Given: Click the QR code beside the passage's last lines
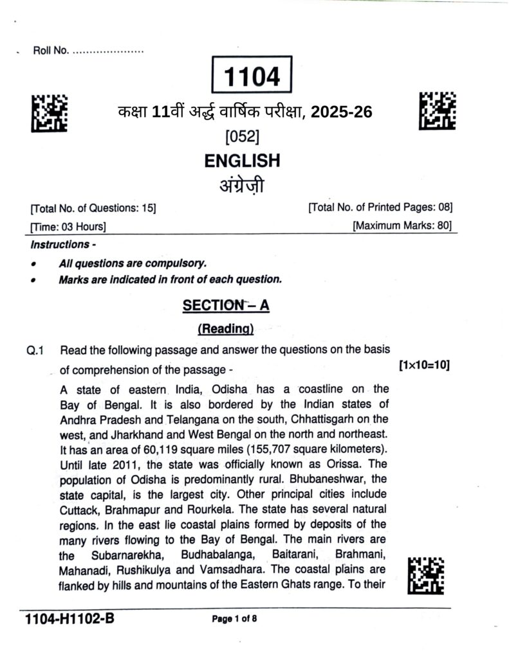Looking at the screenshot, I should (426, 573).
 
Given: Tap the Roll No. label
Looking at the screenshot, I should (51, 51).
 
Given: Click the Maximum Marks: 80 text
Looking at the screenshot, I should (402, 226).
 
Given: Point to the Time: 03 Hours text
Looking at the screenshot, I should (68, 226).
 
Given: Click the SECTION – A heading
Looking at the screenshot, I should (226, 305).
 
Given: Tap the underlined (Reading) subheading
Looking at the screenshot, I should (225, 329).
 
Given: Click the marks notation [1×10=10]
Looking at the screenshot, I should (424, 366).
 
